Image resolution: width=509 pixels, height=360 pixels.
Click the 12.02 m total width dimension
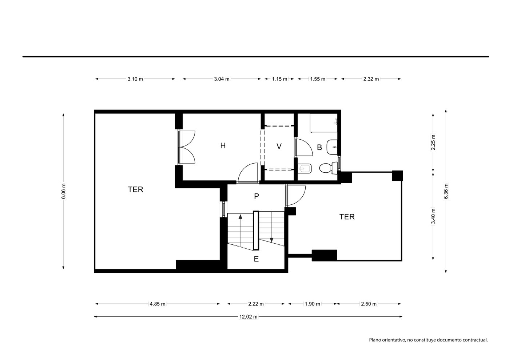pos(248,317)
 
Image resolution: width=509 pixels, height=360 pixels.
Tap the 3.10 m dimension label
pos(135,79)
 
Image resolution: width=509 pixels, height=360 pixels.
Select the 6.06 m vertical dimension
pos(64,191)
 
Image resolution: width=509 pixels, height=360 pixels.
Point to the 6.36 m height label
pos(446,191)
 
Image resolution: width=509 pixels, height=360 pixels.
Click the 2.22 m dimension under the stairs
pos(256,304)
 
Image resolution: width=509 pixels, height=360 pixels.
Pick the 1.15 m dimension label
pos(279,79)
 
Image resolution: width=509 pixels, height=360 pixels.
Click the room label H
pos(223,145)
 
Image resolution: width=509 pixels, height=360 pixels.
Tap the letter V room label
pos(279,146)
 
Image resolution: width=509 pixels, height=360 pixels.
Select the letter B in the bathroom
pos(319,147)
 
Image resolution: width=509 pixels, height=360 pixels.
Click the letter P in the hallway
pos(256,196)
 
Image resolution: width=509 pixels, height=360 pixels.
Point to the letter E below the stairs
pos(256,259)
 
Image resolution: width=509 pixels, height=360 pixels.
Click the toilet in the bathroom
pos(328,168)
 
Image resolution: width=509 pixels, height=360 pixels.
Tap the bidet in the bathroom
pos(305,168)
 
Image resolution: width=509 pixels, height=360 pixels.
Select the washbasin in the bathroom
pos(332,147)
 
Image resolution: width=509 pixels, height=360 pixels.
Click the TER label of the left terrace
pos(135,189)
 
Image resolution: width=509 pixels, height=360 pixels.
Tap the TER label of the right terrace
pos(347,217)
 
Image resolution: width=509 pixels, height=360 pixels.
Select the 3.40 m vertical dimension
pos(433,216)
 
